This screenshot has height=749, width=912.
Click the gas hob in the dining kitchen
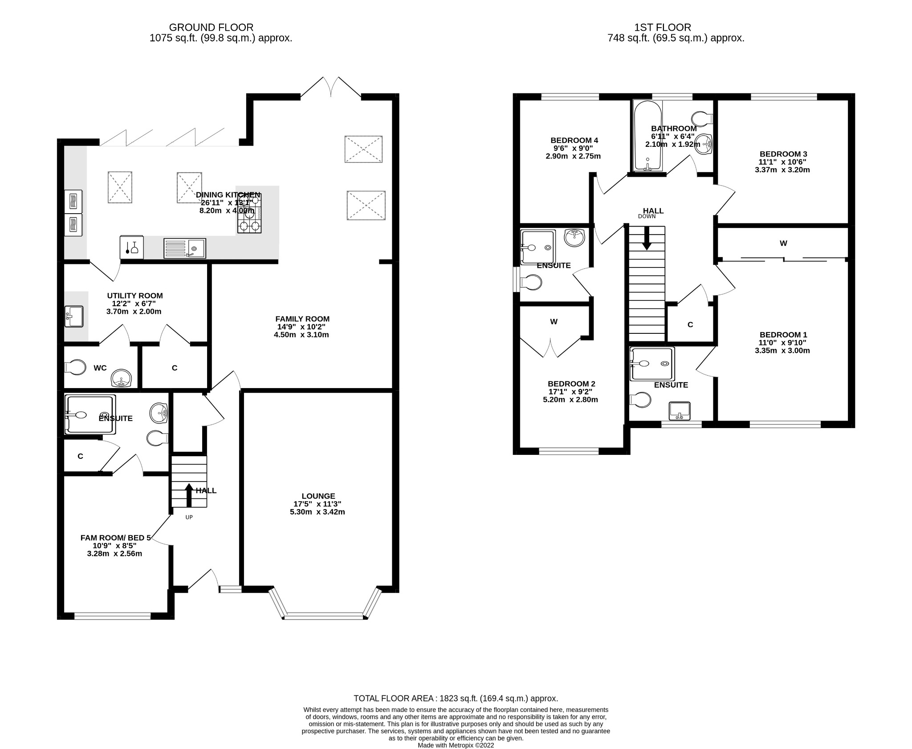[249, 214]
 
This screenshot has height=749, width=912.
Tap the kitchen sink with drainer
[184, 248]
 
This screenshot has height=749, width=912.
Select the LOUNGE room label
[318, 496]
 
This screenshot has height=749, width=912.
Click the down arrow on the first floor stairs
[647, 239]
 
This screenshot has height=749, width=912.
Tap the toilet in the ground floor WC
[76, 368]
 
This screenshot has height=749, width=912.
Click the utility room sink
[73, 316]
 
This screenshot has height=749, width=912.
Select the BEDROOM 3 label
[783, 154]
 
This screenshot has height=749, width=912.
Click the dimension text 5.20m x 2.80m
[570, 400]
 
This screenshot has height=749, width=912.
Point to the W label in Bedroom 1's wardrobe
[783, 243]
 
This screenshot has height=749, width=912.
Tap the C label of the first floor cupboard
[690, 325]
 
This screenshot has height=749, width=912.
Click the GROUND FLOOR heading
[211, 28]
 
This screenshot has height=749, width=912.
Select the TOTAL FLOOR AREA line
[456, 698]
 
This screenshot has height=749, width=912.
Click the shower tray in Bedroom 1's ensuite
[652, 364]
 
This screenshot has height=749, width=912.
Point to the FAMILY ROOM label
[302, 319]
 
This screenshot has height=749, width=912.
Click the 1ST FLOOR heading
[663, 28]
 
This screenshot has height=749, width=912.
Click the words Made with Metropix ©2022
[456, 745]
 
